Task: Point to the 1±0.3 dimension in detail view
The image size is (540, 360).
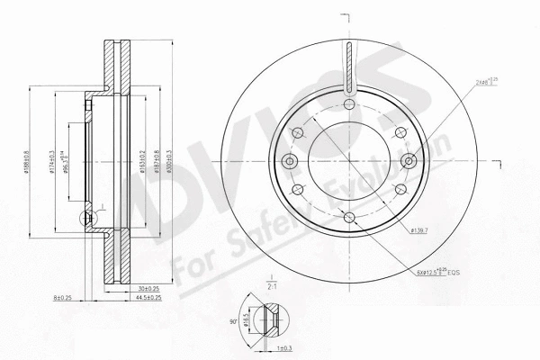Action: [283, 347]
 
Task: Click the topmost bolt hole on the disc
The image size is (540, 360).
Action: [349, 104]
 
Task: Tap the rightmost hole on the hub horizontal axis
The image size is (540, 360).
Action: [409, 162]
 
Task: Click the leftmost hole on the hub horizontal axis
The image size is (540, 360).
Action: [289, 162]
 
